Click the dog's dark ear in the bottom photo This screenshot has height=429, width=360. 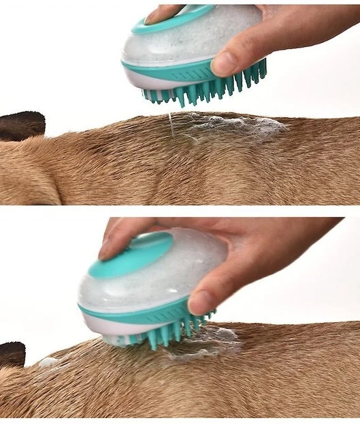coord(12,354)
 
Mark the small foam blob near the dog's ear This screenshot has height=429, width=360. coord(48,362)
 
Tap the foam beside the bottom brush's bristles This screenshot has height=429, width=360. coord(204,340)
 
